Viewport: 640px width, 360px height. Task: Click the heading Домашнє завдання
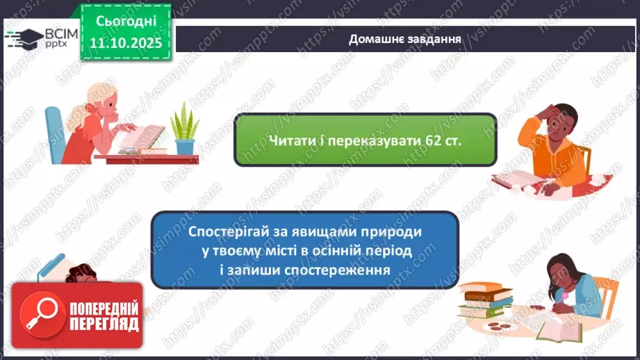click(404, 38)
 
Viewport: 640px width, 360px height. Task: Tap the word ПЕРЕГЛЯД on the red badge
click(104, 324)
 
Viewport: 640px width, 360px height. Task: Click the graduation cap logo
click(24, 37)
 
